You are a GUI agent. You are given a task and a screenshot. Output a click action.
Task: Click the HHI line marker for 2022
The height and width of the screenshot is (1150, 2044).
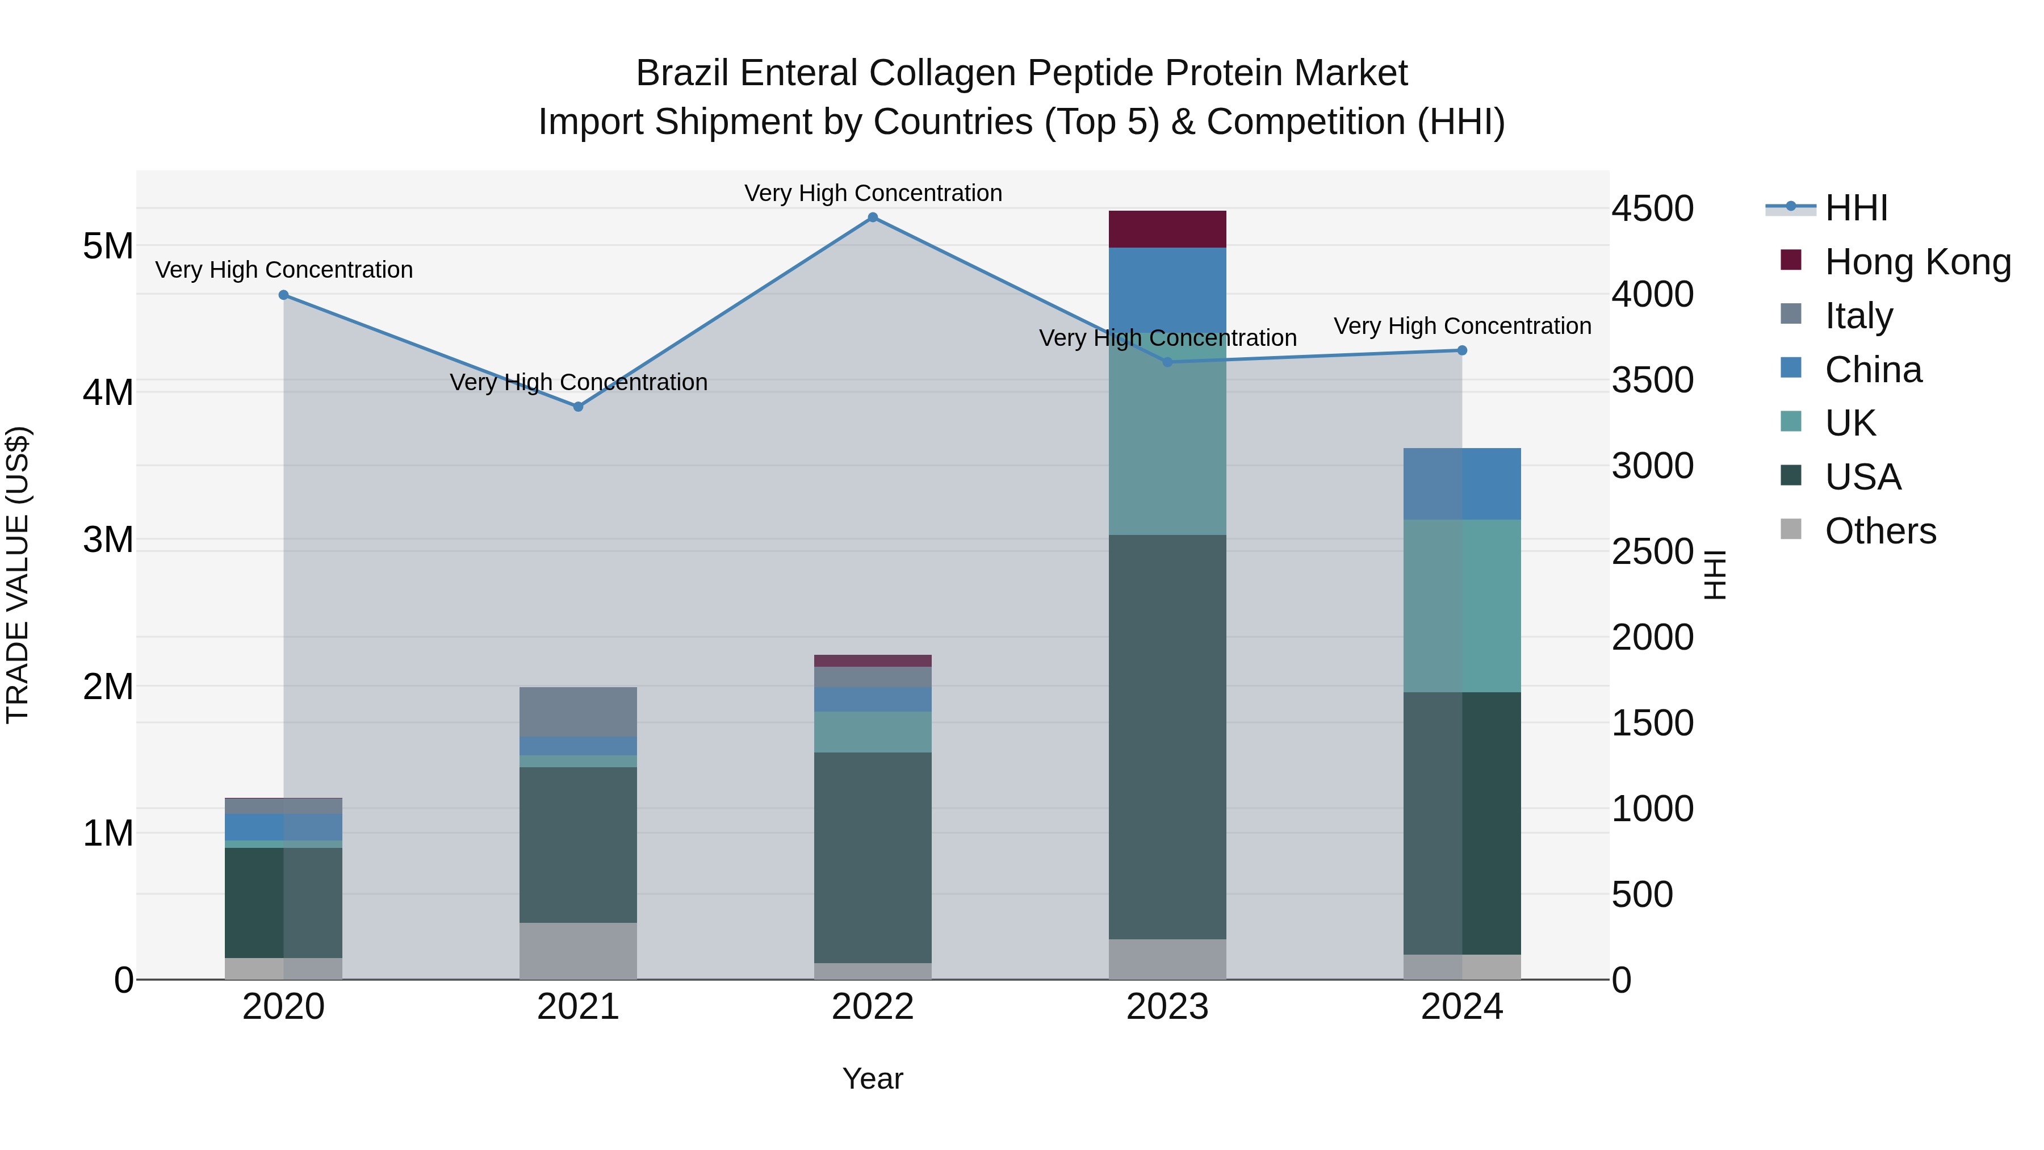pyautogui.click(x=873, y=218)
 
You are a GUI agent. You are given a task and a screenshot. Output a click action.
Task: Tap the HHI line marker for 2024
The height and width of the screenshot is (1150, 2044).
pyautogui.click(x=1461, y=350)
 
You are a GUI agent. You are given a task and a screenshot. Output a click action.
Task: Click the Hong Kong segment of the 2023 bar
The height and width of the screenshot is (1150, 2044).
pyautogui.click(x=1167, y=229)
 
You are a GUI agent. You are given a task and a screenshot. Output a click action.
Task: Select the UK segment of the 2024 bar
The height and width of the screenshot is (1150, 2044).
pyautogui.click(x=1461, y=605)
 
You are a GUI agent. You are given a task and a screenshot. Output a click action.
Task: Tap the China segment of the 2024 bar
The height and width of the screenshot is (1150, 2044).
pyautogui.click(x=1461, y=483)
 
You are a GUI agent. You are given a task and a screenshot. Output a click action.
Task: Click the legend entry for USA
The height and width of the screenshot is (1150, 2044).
pyautogui.click(x=1862, y=477)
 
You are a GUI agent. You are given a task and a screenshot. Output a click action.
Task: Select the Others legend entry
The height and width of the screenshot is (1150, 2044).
pyautogui.click(x=1880, y=531)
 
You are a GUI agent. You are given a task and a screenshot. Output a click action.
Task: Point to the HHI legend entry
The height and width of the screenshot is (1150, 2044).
pyautogui.click(x=1855, y=208)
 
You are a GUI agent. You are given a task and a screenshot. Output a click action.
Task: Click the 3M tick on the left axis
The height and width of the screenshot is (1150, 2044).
pyautogui.click(x=108, y=540)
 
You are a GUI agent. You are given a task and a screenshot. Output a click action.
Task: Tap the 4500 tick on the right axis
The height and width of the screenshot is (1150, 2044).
pyautogui.click(x=1652, y=209)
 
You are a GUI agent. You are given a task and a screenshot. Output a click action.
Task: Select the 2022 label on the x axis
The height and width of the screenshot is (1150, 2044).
pyautogui.click(x=873, y=1007)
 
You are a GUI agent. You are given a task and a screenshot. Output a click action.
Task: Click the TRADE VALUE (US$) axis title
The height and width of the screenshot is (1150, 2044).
pyautogui.click(x=18, y=575)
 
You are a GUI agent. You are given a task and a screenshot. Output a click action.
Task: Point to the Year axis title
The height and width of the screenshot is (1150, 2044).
pyautogui.click(x=873, y=1078)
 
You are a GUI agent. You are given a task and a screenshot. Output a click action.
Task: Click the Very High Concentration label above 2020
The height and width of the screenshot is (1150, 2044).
pyautogui.click(x=284, y=270)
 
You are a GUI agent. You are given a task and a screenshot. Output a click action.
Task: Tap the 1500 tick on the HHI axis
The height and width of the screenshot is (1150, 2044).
pyautogui.click(x=1652, y=723)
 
